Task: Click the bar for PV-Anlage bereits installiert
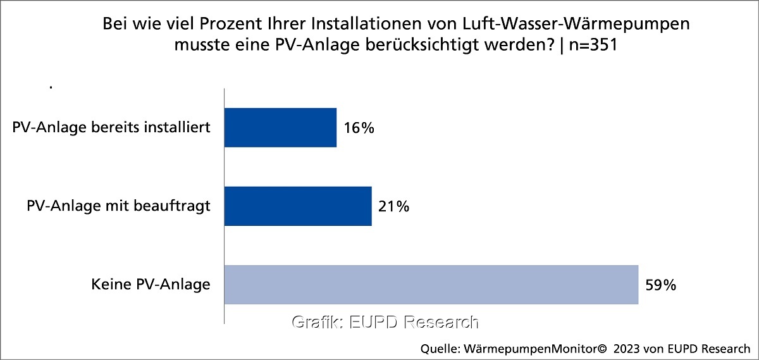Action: click(x=280, y=127)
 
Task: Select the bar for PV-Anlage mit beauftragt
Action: click(x=298, y=206)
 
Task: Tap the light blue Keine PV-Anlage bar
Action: click(x=431, y=285)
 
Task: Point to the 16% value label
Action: click(x=359, y=128)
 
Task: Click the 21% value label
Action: click(x=394, y=207)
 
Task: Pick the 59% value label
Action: click(x=661, y=285)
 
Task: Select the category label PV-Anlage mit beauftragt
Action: click(x=118, y=206)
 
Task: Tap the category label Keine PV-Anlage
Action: click(x=151, y=285)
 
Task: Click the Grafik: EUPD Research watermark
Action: click(x=385, y=322)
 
